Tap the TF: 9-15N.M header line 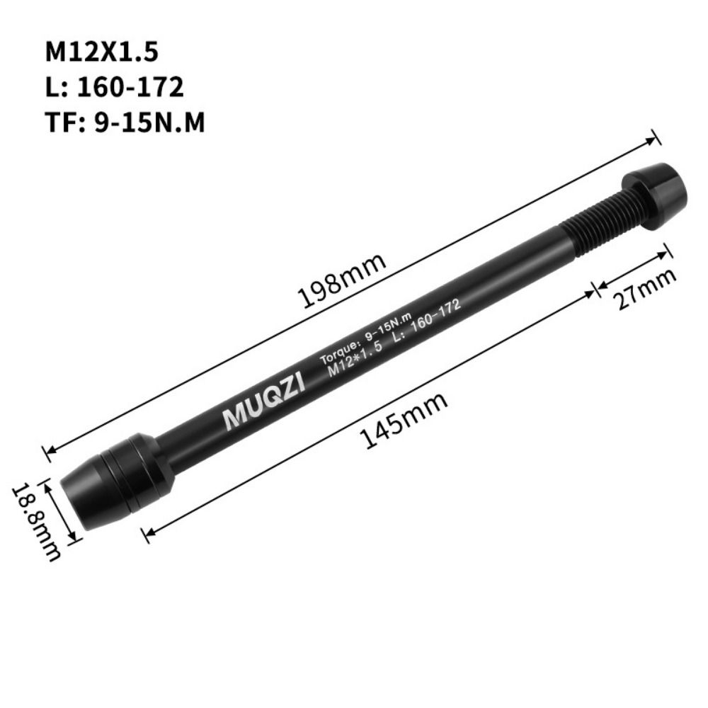coord(125,123)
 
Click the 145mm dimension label coord(405,421)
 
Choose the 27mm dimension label coord(644,287)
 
